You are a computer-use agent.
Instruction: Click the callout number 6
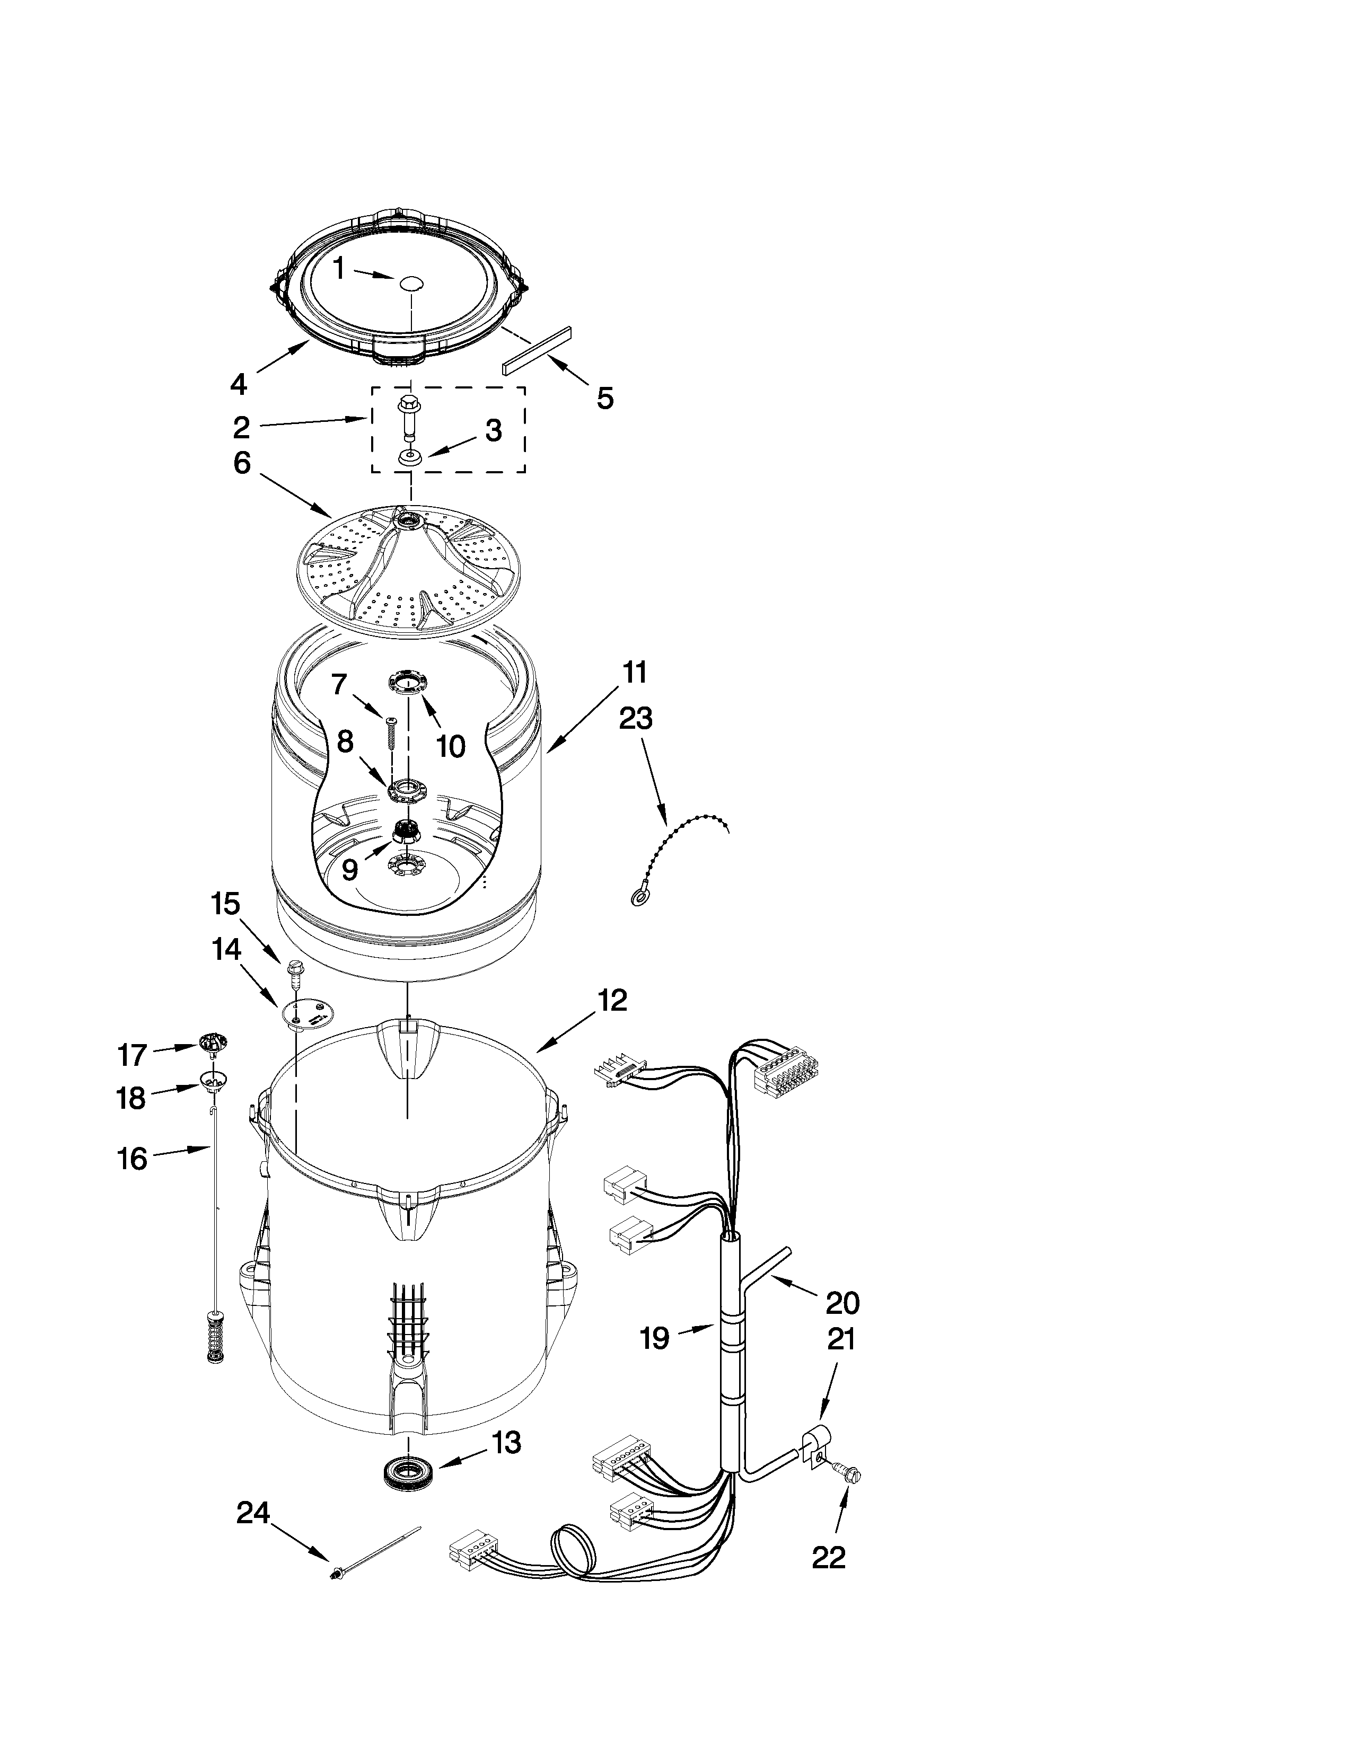point(242,463)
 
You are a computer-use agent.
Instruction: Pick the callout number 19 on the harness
point(654,1337)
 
